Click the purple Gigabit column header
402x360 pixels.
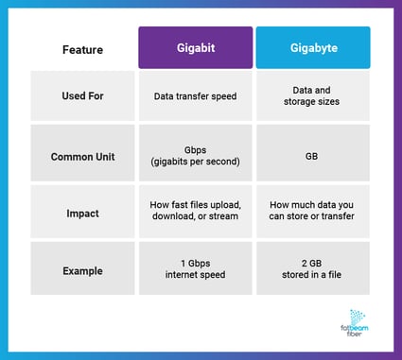[x=196, y=47]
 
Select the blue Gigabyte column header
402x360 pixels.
[x=312, y=47]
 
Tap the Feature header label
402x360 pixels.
[x=83, y=48]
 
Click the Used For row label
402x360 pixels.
[x=83, y=95]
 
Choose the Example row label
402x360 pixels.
[x=83, y=269]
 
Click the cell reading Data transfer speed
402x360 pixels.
[x=196, y=95]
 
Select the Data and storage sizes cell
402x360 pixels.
[x=312, y=95]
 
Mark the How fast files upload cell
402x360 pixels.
[x=196, y=211]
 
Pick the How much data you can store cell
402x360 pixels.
[x=312, y=211]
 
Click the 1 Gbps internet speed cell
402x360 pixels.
[x=196, y=269]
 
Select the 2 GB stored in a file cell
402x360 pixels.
[x=312, y=269]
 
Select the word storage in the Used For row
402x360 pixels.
[x=302, y=101]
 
